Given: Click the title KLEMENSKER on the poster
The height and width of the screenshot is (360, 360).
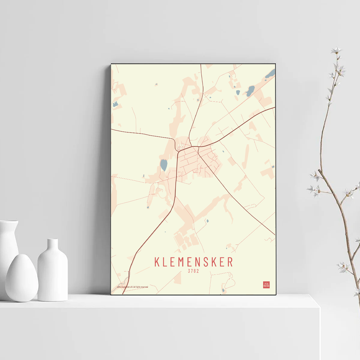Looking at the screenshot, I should click(x=193, y=262).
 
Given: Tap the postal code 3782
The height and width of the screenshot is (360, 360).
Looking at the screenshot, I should click(x=193, y=271).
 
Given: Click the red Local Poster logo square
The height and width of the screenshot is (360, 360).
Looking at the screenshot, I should click(x=266, y=285).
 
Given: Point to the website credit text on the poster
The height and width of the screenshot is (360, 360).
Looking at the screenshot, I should click(x=132, y=287).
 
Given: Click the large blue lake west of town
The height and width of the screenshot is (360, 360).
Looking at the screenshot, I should click(x=164, y=165).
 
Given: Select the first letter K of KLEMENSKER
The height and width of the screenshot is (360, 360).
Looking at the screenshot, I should click(x=157, y=262).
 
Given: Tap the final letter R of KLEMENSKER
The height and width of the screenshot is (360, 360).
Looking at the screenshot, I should click(x=230, y=262).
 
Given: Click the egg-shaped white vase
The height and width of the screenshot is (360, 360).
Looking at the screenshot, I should click(x=22, y=278).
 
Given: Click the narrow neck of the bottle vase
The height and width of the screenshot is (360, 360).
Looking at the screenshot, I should click(x=53, y=244).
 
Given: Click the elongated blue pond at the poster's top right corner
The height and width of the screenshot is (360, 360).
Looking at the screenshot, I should click(x=270, y=73).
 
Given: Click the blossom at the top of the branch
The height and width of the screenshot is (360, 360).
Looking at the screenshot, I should click(x=337, y=50).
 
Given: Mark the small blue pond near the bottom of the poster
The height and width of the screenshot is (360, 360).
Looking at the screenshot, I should click(x=223, y=290).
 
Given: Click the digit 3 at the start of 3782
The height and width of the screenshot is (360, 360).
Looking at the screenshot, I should click(x=189, y=271).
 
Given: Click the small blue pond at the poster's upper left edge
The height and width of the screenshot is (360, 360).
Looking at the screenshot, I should click(x=115, y=104).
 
